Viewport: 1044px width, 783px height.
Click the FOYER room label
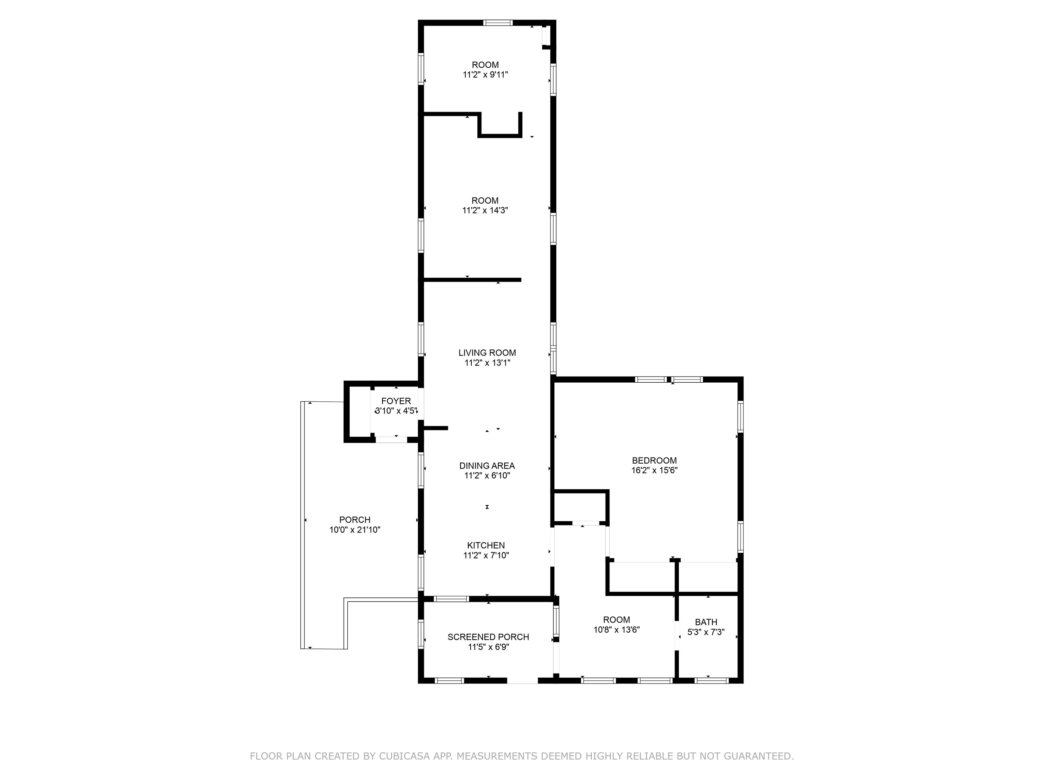pos(396,401)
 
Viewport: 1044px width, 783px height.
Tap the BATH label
pos(706,622)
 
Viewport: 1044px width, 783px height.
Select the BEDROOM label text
pos(654,460)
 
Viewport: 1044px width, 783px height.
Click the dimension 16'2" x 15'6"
pos(654,470)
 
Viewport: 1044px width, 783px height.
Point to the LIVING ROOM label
pos(487,352)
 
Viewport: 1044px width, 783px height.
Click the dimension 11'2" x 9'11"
pos(485,74)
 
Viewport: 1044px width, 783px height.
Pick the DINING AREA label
pos(487,466)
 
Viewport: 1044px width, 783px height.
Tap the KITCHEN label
pos(486,545)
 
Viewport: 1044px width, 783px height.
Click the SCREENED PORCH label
pos(488,637)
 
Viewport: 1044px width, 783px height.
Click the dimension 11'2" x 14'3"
pos(485,210)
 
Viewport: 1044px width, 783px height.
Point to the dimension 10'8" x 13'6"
pos(616,630)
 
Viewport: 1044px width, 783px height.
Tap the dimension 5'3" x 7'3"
pos(706,632)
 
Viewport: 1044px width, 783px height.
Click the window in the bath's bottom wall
pos(711,681)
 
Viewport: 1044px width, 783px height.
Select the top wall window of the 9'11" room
pos(498,22)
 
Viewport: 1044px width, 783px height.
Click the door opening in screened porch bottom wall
pos(522,681)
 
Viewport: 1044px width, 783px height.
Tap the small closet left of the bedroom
pos(580,507)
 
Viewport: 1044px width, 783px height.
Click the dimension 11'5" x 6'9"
pos(488,647)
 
